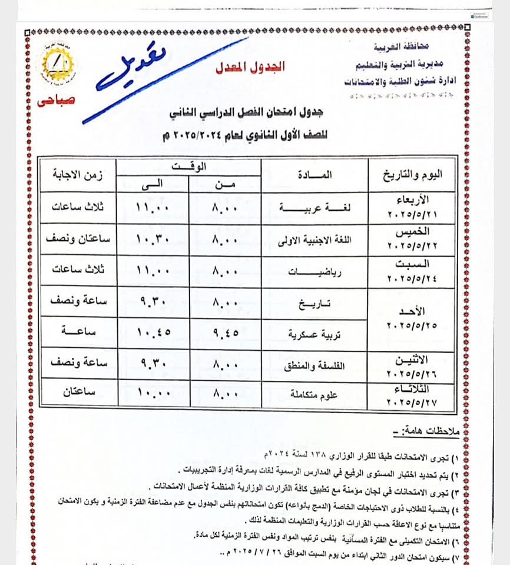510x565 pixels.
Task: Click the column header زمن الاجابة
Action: (77, 174)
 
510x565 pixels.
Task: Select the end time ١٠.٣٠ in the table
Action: (152, 240)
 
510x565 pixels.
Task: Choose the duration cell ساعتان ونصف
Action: (77, 240)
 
